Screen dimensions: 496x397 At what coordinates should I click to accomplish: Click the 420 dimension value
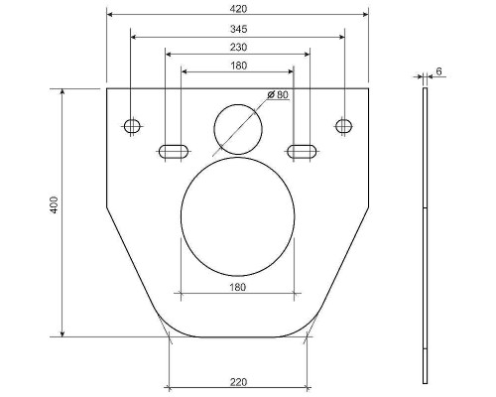[238, 9]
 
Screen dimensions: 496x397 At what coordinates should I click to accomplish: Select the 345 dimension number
[238, 29]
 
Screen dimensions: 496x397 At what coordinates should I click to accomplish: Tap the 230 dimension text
[238, 48]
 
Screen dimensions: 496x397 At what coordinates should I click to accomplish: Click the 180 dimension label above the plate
[238, 66]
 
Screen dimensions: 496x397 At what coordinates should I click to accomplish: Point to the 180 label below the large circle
[238, 287]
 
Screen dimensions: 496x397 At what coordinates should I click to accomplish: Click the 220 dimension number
[238, 382]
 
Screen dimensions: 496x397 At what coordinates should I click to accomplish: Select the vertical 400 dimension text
[54, 205]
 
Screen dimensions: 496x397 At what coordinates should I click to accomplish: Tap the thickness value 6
[438, 71]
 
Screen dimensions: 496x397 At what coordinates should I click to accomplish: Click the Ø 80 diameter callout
[278, 95]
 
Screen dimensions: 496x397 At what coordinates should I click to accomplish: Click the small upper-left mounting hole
[132, 126]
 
